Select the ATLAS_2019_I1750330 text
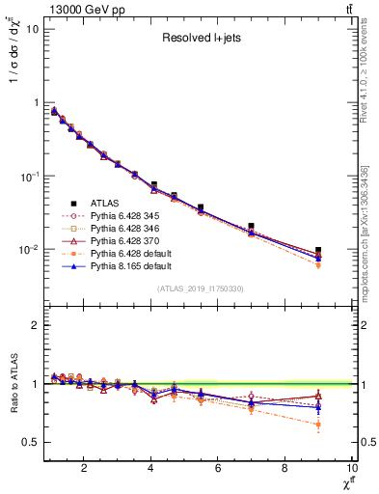pyautogui.click(x=199, y=288)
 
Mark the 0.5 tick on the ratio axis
pyautogui.click(x=31, y=442)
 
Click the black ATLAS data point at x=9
pyautogui.click(x=317, y=250)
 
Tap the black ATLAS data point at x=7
pyautogui.click(x=251, y=226)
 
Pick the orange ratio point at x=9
pyautogui.click(x=317, y=425)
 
